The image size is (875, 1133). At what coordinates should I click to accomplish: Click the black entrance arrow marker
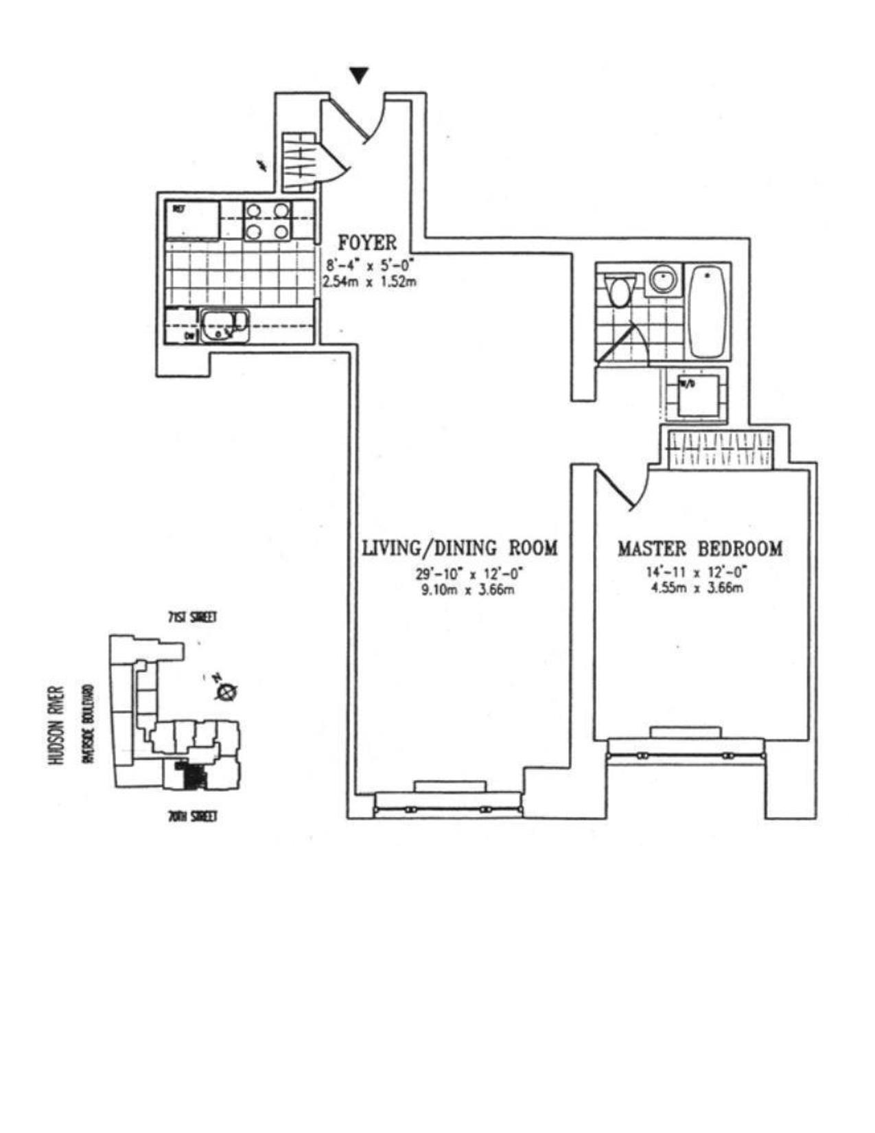(x=359, y=75)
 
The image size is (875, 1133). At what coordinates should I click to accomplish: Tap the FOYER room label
(x=366, y=243)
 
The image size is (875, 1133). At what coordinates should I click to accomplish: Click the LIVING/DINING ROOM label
(x=460, y=549)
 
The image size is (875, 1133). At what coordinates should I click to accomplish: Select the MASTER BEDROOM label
(x=699, y=549)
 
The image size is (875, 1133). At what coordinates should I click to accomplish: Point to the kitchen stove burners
(x=267, y=220)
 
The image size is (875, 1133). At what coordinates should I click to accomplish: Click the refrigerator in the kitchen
(x=192, y=220)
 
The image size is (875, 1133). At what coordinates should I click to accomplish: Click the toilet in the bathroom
(x=621, y=290)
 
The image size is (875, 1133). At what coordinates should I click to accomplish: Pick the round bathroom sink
(x=663, y=279)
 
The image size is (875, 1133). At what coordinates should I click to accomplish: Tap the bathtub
(x=707, y=311)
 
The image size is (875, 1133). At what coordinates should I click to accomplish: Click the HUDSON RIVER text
(x=58, y=725)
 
